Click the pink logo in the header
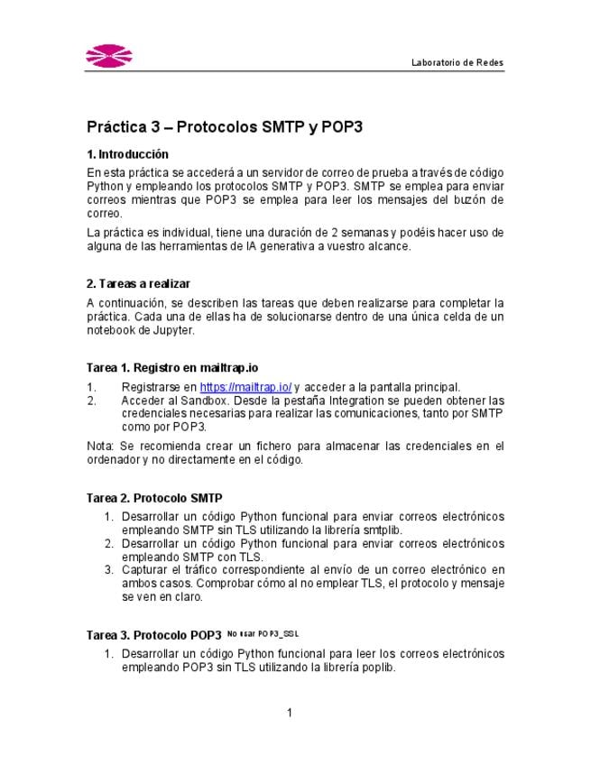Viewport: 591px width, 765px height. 110,56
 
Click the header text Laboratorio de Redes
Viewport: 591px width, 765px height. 457,62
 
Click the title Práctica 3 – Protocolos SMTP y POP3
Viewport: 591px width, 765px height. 225,127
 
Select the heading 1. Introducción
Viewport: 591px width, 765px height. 127,154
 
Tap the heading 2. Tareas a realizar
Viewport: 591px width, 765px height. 138,284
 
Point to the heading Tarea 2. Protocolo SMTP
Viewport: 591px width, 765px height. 154,497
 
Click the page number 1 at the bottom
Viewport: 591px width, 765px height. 290,714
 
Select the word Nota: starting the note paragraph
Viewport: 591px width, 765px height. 100,446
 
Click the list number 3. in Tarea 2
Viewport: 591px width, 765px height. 107,570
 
